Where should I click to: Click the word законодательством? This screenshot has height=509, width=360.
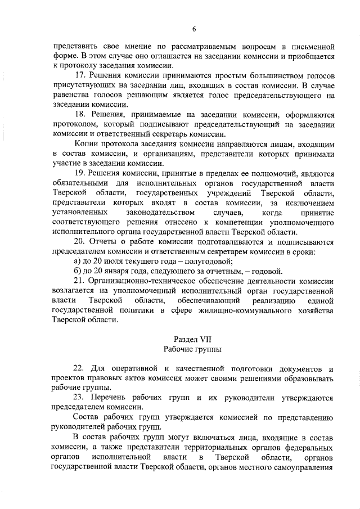click(161, 213)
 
